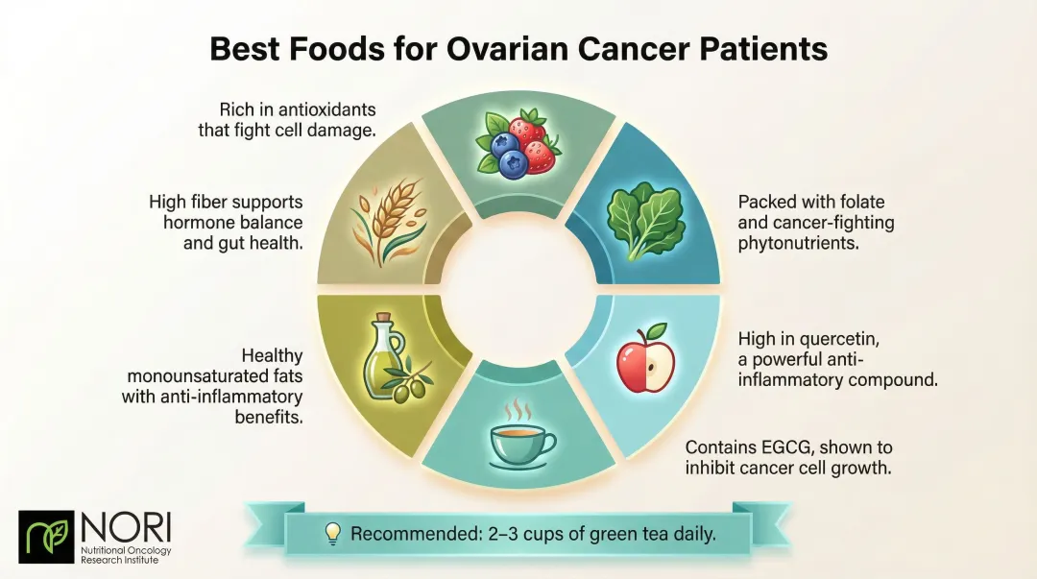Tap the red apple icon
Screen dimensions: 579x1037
[646, 359]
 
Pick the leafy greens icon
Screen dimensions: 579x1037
[640, 220]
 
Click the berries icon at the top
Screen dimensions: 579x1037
[518, 142]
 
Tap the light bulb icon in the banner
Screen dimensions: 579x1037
[332, 533]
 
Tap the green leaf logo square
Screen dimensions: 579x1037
[47, 537]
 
